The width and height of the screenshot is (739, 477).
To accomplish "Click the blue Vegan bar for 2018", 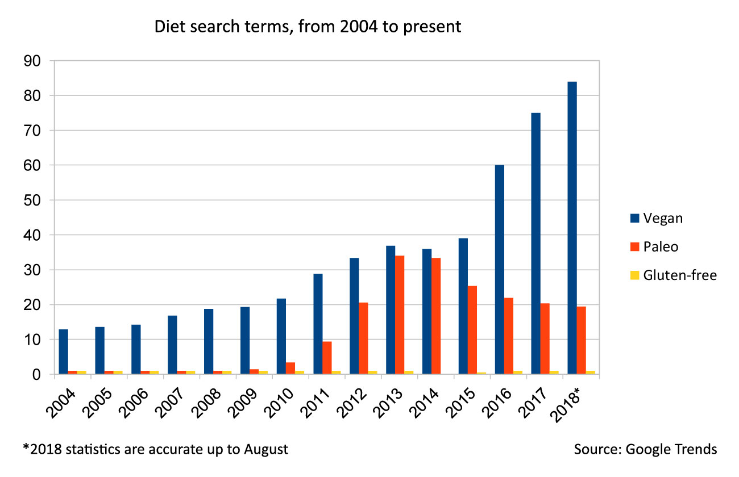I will [x=572, y=227].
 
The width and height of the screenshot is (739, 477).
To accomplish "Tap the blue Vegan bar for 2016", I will [x=499, y=269].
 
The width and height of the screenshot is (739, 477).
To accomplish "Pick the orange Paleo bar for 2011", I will [x=327, y=358].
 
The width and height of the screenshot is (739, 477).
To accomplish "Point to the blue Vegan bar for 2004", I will [x=63, y=352].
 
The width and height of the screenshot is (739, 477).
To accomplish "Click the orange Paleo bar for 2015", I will [x=472, y=330].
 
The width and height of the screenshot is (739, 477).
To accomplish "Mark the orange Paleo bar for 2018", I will [x=581, y=340].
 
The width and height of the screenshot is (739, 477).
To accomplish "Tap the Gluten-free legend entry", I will [x=673, y=275].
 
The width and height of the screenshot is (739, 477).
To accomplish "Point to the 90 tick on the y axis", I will [x=34, y=61].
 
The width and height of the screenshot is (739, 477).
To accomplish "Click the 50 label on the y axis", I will [x=34, y=200].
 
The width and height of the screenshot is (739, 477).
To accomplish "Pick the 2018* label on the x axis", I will [x=571, y=404].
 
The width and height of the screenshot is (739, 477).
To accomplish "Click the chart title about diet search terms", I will [x=308, y=27].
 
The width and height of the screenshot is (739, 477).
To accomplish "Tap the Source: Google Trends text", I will [x=645, y=450].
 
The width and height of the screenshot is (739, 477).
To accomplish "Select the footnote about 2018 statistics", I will [x=155, y=450].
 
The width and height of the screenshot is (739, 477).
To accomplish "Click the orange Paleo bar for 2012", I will [x=363, y=338].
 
